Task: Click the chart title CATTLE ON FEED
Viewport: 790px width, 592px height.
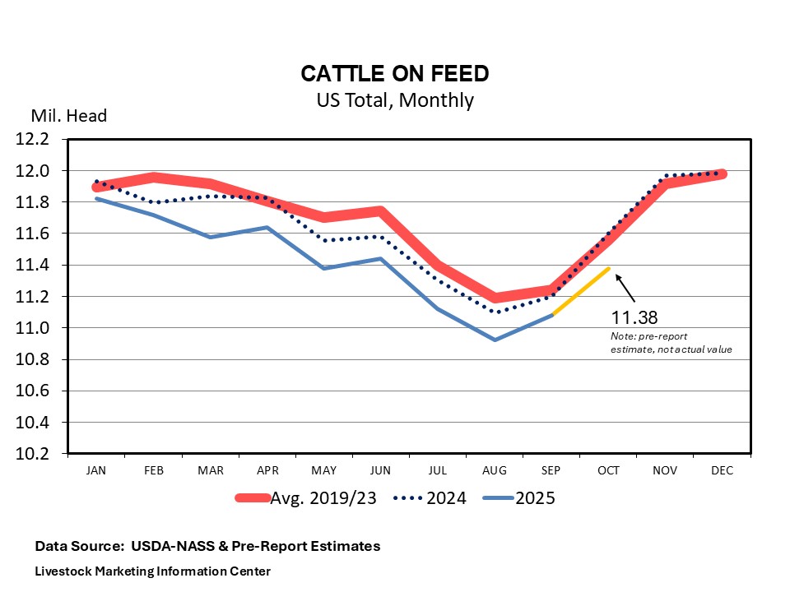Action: coord(395,74)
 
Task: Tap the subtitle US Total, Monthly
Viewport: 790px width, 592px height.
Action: coord(395,100)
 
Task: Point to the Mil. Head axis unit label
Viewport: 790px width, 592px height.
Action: coord(69,116)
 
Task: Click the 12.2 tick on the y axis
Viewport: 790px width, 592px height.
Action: coord(33,139)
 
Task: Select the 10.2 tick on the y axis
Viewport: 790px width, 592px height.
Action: coord(33,454)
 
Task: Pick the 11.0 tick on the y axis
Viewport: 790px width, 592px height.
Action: coord(33,328)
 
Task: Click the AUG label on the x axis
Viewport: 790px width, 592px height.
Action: coord(494,471)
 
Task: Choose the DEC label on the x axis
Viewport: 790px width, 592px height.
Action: coord(722,471)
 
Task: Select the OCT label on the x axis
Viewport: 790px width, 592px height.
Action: coord(608,471)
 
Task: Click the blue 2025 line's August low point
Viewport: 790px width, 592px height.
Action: coord(494,340)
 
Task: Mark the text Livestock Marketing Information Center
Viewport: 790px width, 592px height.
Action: coord(152,571)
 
